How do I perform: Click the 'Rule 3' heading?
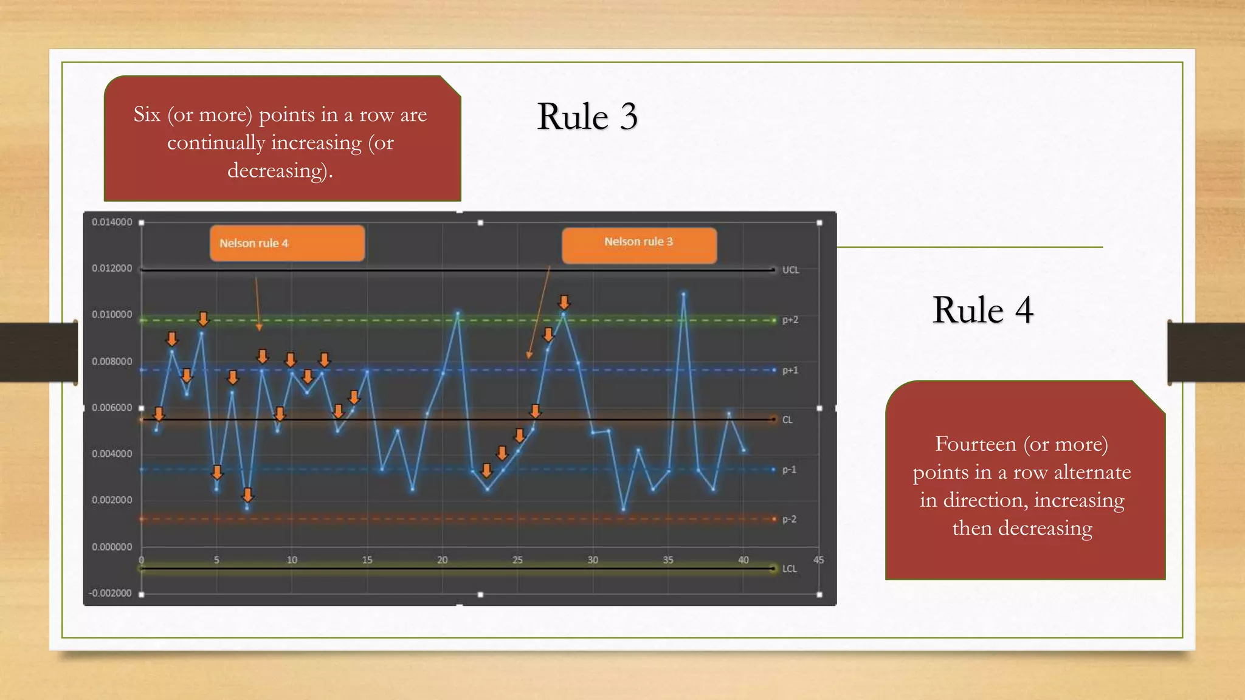click(x=587, y=116)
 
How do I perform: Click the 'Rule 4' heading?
click(x=982, y=310)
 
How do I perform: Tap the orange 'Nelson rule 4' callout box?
click(x=287, y=243)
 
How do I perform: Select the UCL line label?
click(x=790, y=270)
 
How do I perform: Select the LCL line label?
click(x=789, y=569)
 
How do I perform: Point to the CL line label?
click(x=787, y=420)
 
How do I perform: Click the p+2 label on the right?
click(x=790, y=320)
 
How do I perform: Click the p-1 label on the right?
click(x=788, y=470)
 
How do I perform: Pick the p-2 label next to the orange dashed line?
click(x=788, y=520)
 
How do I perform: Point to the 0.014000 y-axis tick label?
click(x=112, y=222)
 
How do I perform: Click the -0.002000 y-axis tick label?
click(x=110, y=593)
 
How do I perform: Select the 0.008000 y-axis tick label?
click(x=112, y=362)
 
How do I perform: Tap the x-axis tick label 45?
click(x=818, y=560)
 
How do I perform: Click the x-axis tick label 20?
click(x=442, y=560)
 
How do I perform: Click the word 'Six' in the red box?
click(x=147, y=114)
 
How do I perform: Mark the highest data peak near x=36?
click(x=683, y=294)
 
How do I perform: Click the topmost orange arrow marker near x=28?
click(x=564, y=302)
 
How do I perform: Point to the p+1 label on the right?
click(x=790, y=370)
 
